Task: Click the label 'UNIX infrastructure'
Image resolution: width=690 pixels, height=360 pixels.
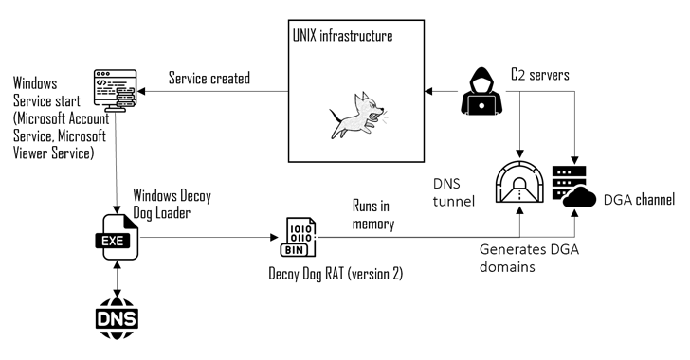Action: [x=343, y=36]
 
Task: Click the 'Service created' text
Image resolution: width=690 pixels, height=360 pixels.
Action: [x=209, y=78]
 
